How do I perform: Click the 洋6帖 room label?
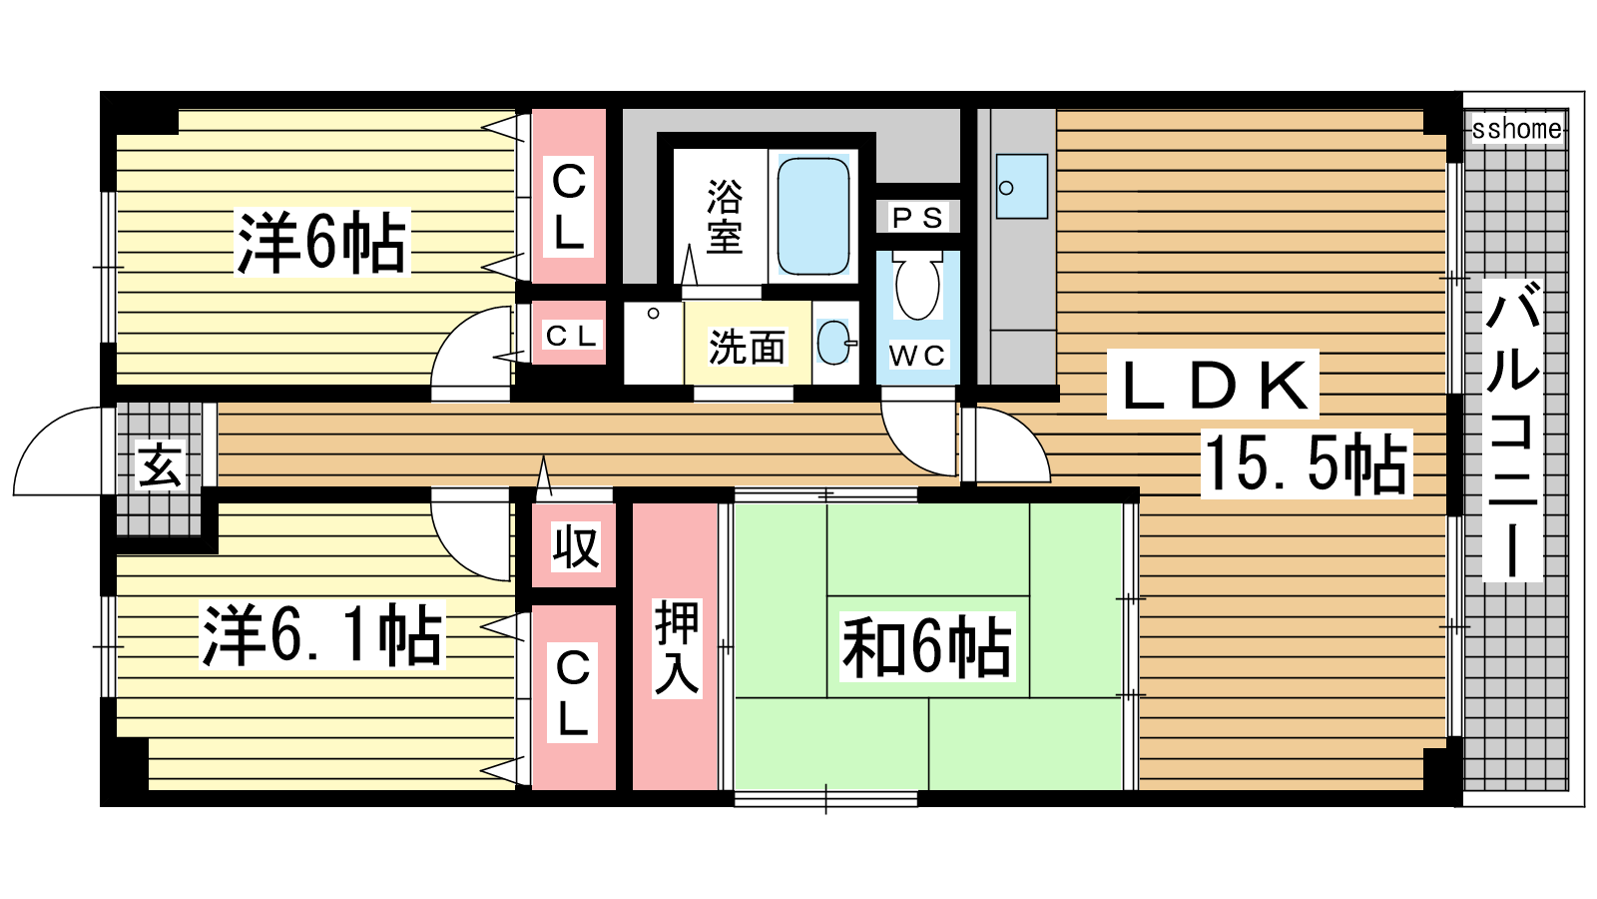321,243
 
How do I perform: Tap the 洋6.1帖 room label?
322,634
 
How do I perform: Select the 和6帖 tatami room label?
927,646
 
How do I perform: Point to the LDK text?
1213,384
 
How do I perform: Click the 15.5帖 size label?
1307,463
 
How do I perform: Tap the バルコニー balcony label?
1512,430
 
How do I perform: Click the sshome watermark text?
1517,129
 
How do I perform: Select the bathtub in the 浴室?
812,216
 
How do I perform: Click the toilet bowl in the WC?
917,287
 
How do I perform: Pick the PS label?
917,217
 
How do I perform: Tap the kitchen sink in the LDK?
1022,186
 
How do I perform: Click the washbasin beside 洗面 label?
834,343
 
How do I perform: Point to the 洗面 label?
747,347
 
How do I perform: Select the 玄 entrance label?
161,465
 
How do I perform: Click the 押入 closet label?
676,647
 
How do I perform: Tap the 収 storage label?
575,546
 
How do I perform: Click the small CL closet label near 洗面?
570,336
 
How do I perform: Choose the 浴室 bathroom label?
725,216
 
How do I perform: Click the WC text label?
917,356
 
